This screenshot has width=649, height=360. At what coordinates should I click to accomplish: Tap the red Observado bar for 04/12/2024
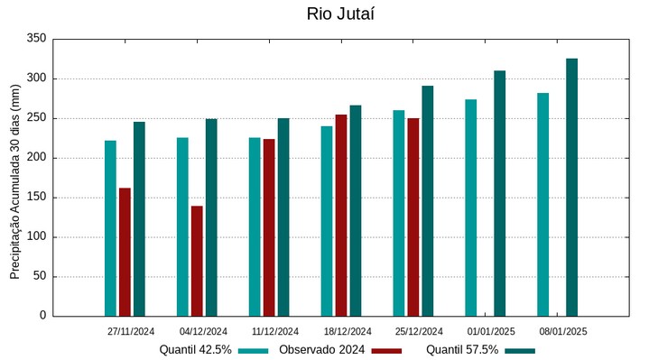pyautogui.click(x=197, y=261)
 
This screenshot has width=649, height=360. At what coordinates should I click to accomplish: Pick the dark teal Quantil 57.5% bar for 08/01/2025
pyautogui.click(x=571, y=187)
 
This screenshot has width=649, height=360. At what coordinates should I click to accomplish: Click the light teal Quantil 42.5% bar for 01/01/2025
pyautogui.click(x=470, y=208)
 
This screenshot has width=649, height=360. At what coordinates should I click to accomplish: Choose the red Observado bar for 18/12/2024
pyautogui.click(x=341, y=215)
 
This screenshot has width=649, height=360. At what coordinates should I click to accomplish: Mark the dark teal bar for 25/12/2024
pyautogui.click(x=428, y=200)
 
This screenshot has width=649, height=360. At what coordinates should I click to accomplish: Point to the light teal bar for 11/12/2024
pyautogui.click(x=255, y=226)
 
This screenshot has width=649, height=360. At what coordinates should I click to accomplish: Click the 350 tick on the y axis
pyautogui.click(x=36, y=39)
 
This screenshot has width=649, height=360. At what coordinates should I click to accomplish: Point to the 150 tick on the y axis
pyautogui.click(x=36, y=198)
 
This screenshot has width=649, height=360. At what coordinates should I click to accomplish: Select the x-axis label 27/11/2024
pyautogui.click(x=131, y=331)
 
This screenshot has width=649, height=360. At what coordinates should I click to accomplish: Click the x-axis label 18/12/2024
pyautogui.click(x=348, y=331)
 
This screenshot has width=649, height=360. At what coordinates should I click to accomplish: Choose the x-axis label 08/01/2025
pyautogui.click(x=563, y=331)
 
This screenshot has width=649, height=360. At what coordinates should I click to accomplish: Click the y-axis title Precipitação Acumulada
pyautogui.click(x=14, y=180)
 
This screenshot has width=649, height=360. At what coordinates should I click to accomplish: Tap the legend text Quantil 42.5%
pyautogui.click(x=196, y=349)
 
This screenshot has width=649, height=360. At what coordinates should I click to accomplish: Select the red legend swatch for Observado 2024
pyautogui.click(x=386, y=350)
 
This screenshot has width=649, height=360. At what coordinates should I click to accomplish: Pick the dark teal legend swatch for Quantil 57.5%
pyautogui.click(x=520, y=350)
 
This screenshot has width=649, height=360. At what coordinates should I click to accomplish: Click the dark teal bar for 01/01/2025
pyautogui.click(x=499, y=193)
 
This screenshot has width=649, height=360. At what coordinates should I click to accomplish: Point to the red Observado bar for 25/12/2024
pyautogui.click(x=413, y=217)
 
